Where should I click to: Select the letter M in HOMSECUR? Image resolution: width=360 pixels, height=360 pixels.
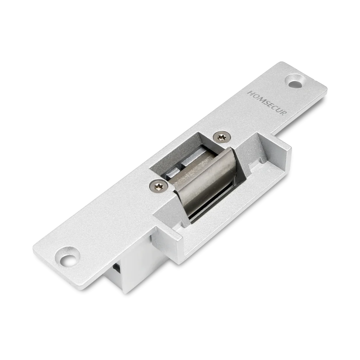pyautogui.click(x=259, y=99)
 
